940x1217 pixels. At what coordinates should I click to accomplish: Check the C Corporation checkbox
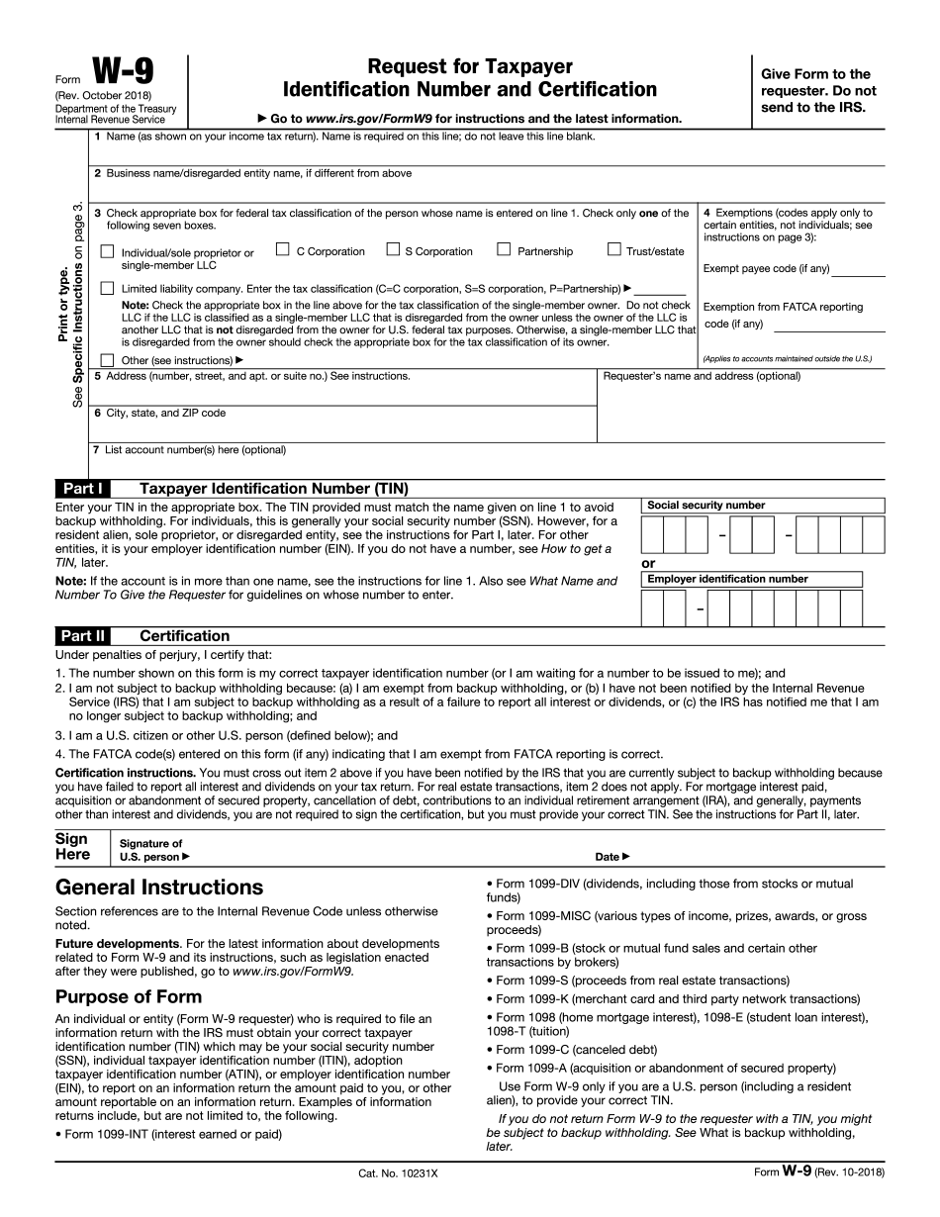[283, 250]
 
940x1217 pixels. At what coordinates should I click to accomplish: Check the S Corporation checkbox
[393, 250]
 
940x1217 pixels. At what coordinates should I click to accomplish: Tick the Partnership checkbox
[504, 250]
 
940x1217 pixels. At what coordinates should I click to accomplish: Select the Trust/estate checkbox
[614, 250]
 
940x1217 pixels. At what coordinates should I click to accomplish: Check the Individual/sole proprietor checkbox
[107, 252]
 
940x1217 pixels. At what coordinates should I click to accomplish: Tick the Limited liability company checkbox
[107, 288]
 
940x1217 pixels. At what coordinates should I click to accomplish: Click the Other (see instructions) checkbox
[107, 360]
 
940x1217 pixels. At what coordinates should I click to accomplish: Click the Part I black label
[83, 488]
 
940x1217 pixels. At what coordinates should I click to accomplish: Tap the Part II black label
[83, 636]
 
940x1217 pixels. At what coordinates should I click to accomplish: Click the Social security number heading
[706, 506]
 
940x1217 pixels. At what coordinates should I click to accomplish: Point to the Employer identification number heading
[727, 579]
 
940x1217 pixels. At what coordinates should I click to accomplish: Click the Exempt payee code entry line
[858, 270]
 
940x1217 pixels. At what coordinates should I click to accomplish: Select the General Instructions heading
[159, 887]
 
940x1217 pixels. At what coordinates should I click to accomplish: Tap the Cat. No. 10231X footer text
[398, 1172]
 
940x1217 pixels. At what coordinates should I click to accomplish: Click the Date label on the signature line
[611, 857]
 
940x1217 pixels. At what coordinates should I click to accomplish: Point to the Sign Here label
[72, 847]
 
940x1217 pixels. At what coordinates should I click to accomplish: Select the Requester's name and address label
[702, 376]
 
